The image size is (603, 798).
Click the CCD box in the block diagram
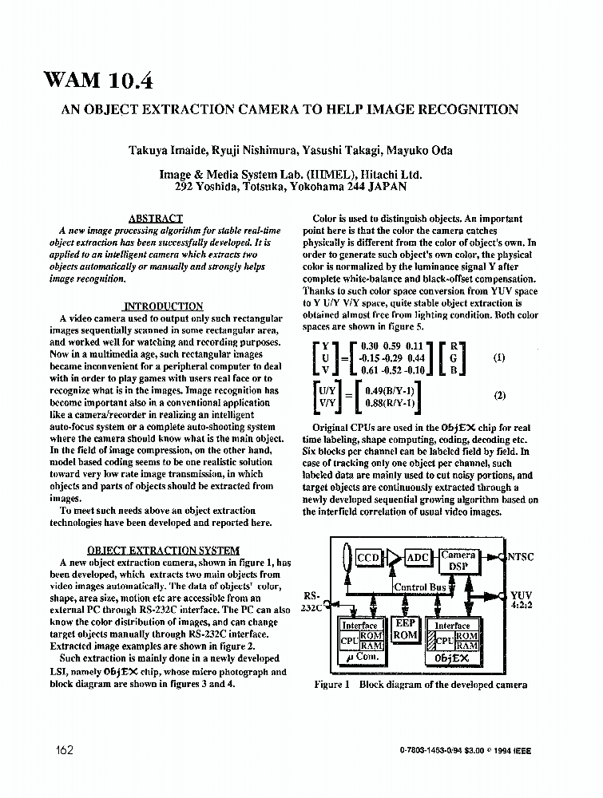[368, 558]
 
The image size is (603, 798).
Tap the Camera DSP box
[458, 560]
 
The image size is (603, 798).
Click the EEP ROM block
[405, 629]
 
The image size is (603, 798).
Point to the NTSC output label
[520, 557]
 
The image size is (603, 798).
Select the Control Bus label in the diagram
[420, 587]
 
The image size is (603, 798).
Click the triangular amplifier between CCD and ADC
[393, 558]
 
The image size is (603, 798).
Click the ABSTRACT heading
[155, 218]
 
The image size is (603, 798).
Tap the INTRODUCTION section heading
[164, 306]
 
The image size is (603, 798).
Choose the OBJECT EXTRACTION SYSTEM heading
[162, 550]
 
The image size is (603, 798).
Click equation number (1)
[499, 358]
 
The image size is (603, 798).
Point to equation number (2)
[499, 395]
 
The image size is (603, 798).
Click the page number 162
[65, 749]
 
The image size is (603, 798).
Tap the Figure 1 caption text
[421, 685]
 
